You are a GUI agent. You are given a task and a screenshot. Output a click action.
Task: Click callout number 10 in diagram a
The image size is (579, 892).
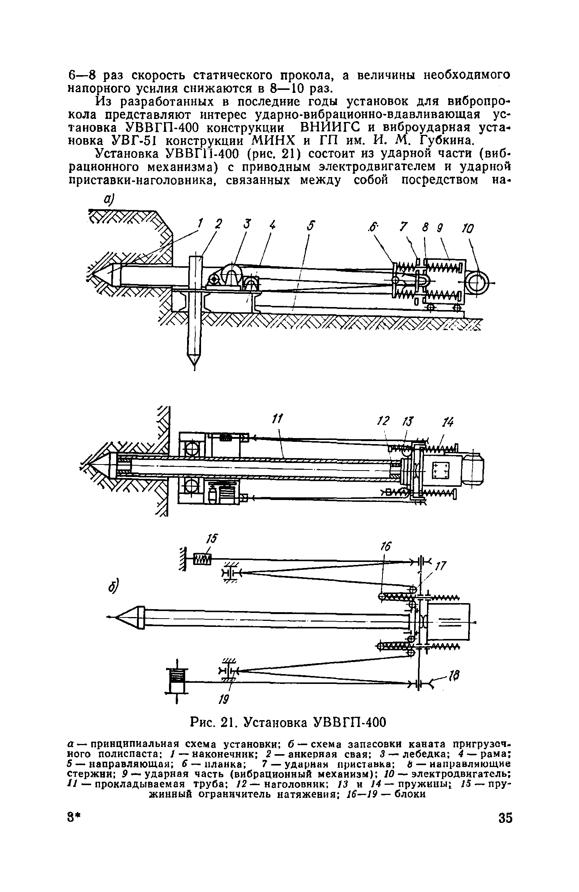point(467,229)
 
